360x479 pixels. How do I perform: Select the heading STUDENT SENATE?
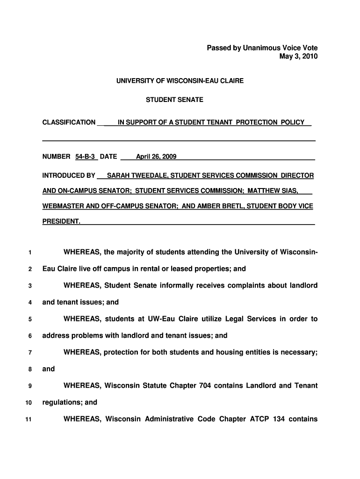[x=174, y=100]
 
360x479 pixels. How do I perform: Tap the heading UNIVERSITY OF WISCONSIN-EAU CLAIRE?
[x=180, y=81]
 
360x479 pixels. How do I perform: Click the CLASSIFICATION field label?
[x=69, y=123]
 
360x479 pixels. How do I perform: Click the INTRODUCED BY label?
[x=69, y=176]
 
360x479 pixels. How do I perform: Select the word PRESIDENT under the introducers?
[x=61, y=221]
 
